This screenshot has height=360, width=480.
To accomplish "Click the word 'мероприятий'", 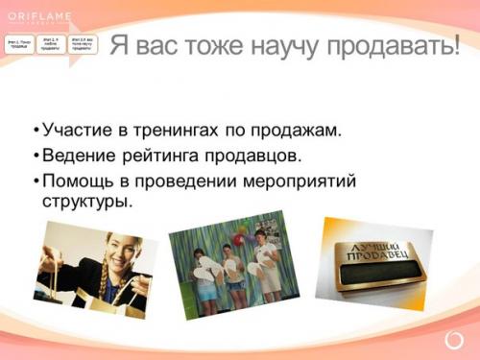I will tap(298, 179).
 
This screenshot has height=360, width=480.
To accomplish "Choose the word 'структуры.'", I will tap(85, 202).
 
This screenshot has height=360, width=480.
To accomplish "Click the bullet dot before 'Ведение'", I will tap(36, 155).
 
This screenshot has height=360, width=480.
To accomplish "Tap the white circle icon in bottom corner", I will tap(454, 341).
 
